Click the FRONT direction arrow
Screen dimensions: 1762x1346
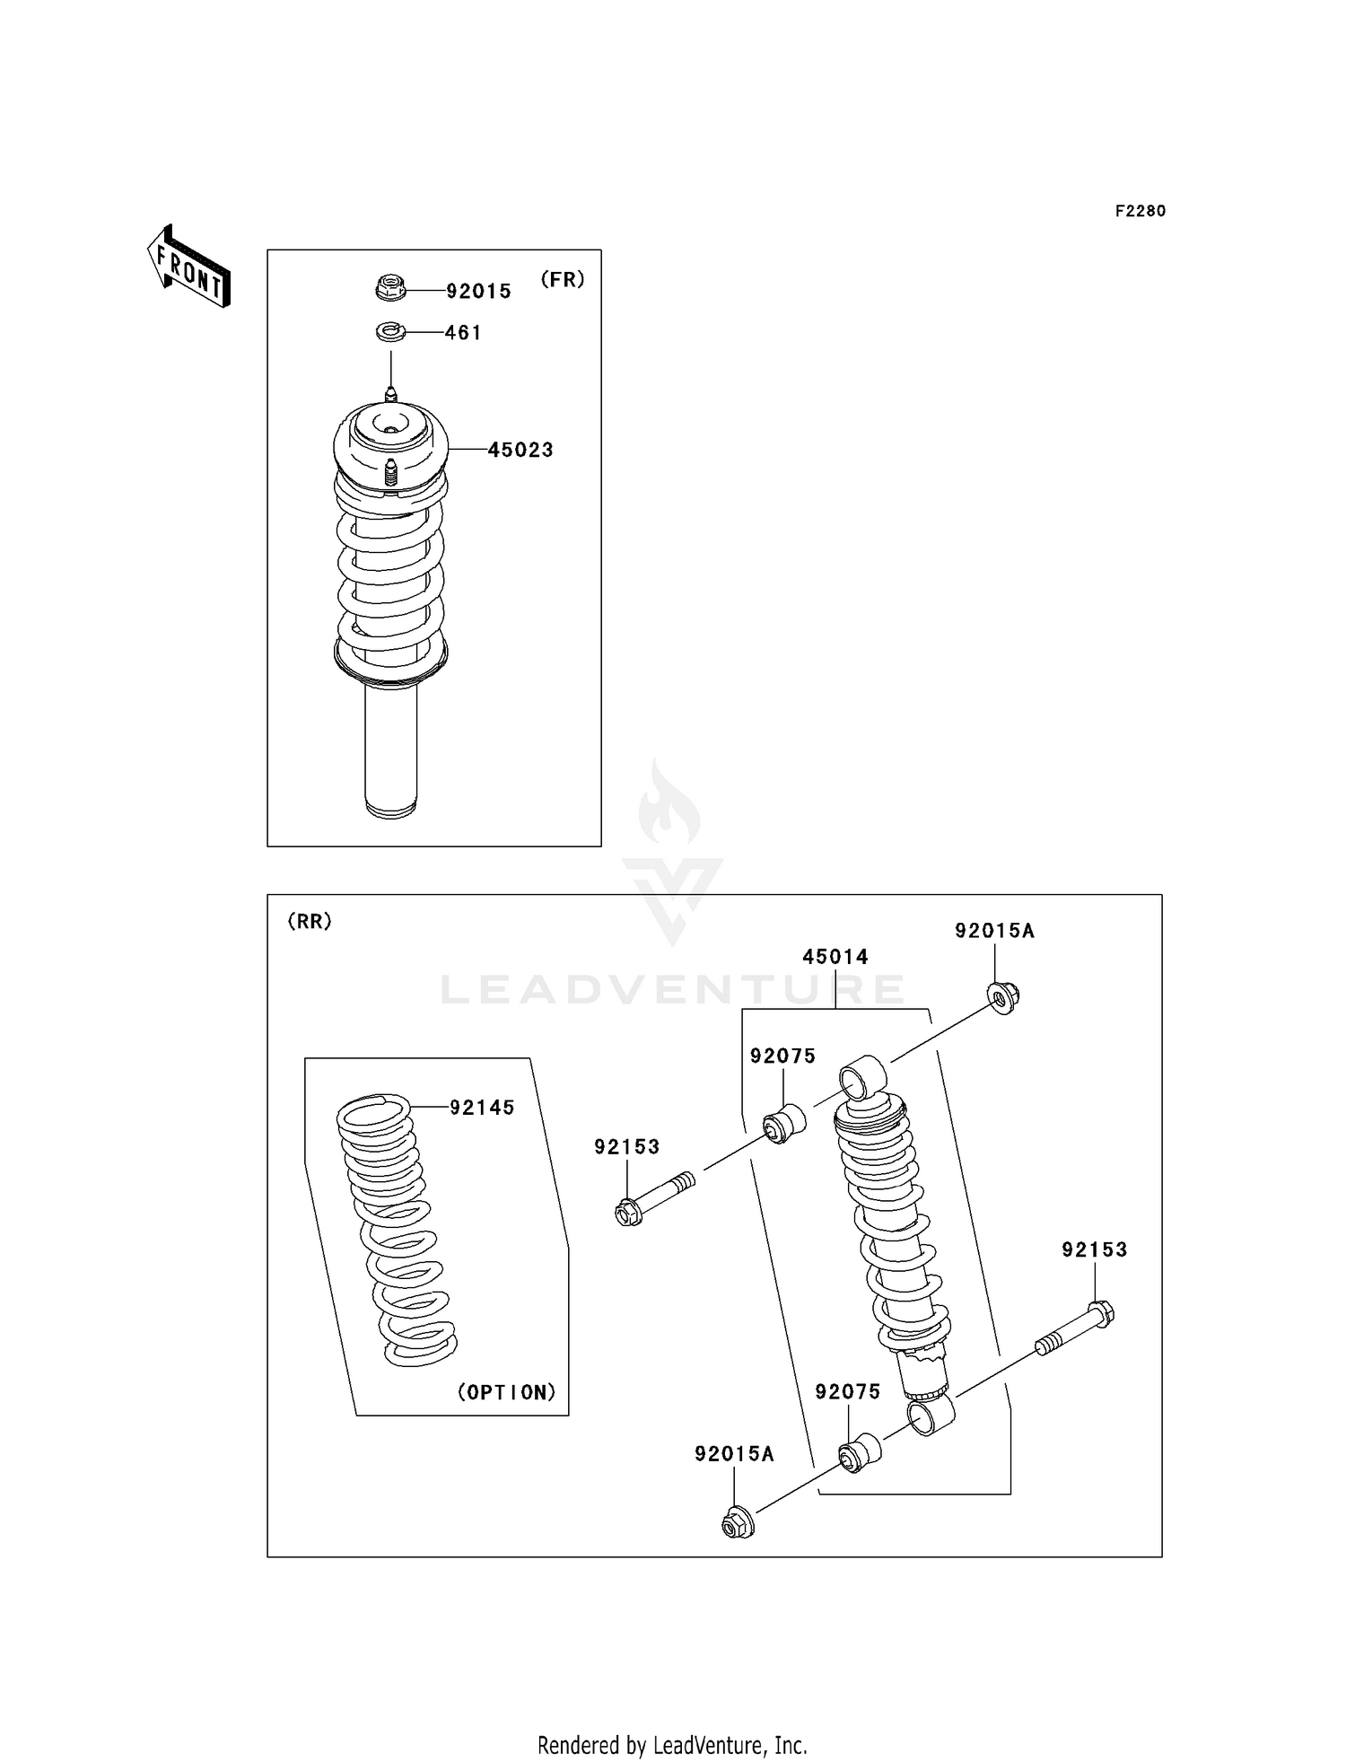point(189,267)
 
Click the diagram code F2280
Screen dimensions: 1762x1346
point(1140,211)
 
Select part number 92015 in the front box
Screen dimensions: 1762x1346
point(478,291)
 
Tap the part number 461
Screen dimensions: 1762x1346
point(463,333)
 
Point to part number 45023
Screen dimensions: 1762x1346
point(520,450)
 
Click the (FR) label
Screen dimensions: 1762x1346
point(563,279)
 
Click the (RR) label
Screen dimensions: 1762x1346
point(310,921)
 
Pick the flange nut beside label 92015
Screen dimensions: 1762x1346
point(390,289)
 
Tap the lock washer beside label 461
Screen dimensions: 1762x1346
point(390,333)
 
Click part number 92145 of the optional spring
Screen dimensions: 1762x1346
point(482,1108)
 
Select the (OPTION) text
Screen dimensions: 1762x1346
point(507,1392)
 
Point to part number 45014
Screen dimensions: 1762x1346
point(835,957)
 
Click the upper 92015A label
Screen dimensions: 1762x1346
point(994,931)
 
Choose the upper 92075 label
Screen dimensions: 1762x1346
point(783,1056)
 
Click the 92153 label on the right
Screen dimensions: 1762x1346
point(1094,1249)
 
